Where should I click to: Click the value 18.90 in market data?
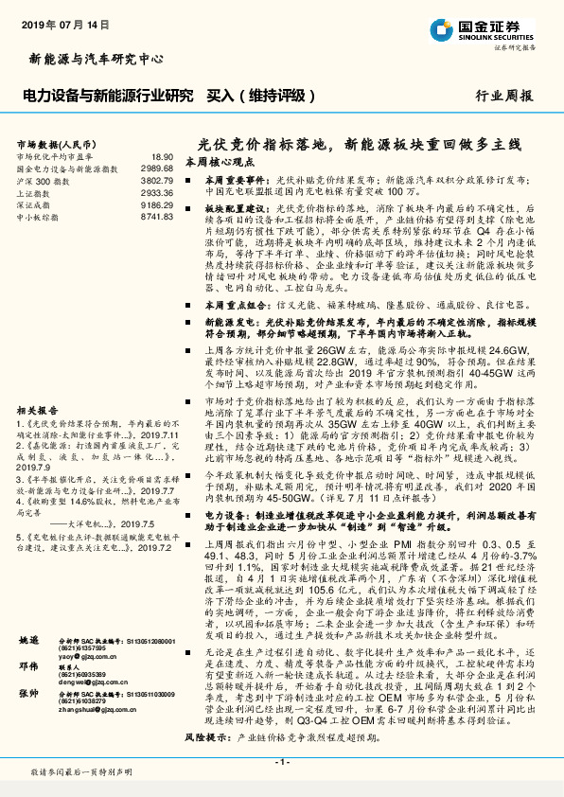pyautogui.click(x=162, y=156)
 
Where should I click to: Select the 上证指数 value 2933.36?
pyautogui.click(x=156, y=192)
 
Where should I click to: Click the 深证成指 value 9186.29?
pyautogui.click(x=156, y=204)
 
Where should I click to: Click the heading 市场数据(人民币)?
pyautogui.click(x=55, y=143)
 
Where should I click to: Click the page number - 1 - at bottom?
pyautogui.click(x=281, y=762)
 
